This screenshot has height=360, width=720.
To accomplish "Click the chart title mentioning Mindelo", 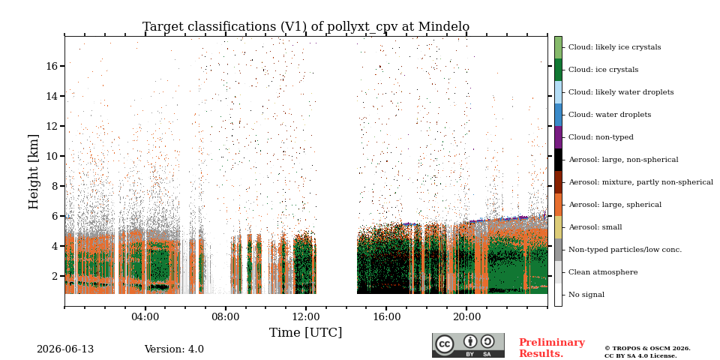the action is click(306, 27).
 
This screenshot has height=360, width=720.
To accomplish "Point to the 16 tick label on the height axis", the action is click(52, 66).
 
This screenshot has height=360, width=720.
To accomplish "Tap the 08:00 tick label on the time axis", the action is click(226, 316).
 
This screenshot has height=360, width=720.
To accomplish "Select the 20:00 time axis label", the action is click(466, 316).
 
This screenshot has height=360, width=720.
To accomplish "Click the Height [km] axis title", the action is click(34, 172).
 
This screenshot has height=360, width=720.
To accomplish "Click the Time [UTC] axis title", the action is click(306, 332).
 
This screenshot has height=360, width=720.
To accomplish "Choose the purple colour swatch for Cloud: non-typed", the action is click(558, 137).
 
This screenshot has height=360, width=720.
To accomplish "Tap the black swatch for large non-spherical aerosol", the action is click(558, 160).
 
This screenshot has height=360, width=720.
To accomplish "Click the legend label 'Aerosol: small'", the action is click(595, 227).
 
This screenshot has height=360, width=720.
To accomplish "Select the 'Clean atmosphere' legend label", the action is click(603, 272).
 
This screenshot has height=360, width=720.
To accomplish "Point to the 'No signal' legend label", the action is click(586, 295).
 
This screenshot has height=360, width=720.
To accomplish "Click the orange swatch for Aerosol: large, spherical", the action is click(558, 205).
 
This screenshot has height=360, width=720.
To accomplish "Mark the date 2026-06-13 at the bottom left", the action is click(65, 349).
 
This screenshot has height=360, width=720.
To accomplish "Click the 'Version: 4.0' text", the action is click(174, 349).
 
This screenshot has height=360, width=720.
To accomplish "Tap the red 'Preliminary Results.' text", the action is click(552, 348).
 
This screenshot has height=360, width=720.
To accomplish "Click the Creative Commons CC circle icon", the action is click(445, 344).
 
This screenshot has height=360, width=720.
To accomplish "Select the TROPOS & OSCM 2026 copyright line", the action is click(647, 349).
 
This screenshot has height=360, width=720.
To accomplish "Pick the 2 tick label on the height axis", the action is click(55, 277).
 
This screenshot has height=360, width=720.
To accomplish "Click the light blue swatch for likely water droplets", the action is click(558, 92).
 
